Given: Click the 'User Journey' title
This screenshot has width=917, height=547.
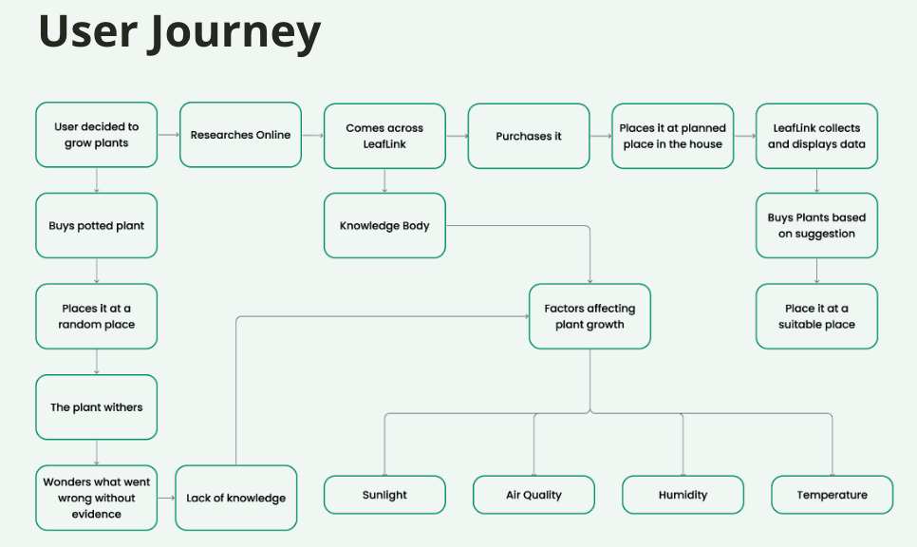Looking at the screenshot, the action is click(x=179, y=32).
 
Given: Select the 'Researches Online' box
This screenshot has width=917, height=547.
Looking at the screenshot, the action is click(x=240, y=135).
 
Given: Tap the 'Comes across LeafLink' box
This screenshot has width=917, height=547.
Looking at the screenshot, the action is click(x=384, y=136).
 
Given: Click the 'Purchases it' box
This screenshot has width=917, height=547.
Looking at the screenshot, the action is click(x=529, y=136).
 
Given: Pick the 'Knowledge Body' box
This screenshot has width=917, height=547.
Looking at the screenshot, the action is click(x=384, y=225).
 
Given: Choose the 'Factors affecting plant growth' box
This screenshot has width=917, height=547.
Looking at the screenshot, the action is click(x=589, y=316).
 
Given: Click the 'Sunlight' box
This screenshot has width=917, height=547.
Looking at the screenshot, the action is click(x=384, y=495).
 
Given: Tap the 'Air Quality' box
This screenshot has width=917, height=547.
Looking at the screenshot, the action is click(x=533, y=495).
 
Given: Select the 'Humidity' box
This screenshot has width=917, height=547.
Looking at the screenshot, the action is click(x=683, y=495).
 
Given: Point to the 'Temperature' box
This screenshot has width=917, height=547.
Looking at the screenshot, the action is click(x=833, y=495).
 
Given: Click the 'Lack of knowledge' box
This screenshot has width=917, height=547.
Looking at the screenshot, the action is click(x=235, y=498).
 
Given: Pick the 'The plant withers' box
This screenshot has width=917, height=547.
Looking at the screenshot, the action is click(x=97, y=407).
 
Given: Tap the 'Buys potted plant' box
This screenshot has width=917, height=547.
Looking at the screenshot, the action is click(x=97, y=225).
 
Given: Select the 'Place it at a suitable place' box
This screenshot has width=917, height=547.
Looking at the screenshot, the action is click(x=816, y=316).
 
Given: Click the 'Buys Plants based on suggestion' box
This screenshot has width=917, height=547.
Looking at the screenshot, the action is click(x=816, y=225).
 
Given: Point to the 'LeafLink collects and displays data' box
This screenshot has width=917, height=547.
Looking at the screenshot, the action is click(x=816, y=136).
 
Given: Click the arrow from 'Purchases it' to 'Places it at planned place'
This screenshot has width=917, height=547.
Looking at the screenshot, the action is click(x=601, y=137).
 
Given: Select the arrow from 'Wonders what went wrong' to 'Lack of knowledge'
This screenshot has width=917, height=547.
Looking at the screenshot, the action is click(x=167, y=498).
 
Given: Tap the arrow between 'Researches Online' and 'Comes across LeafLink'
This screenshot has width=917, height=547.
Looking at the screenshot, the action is click(x=313, y=136).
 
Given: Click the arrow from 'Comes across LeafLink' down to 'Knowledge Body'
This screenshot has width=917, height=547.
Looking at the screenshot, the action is click(x=384, y=180).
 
